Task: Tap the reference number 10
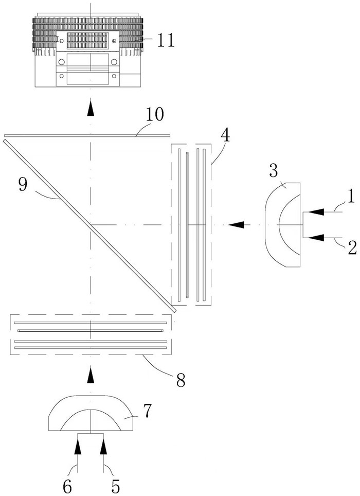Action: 155,115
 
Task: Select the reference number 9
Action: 23,185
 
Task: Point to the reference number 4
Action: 225,135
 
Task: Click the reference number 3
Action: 274,171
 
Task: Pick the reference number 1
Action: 351,196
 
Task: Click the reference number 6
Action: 67,487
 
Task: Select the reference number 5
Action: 116,487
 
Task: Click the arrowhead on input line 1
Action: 316,212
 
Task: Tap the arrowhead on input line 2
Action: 316,237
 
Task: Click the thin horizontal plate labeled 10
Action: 87,136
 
